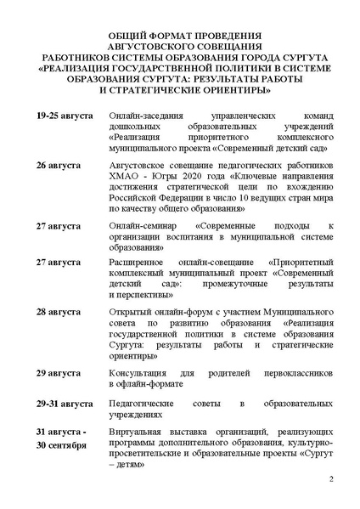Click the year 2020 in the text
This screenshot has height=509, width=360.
195,180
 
